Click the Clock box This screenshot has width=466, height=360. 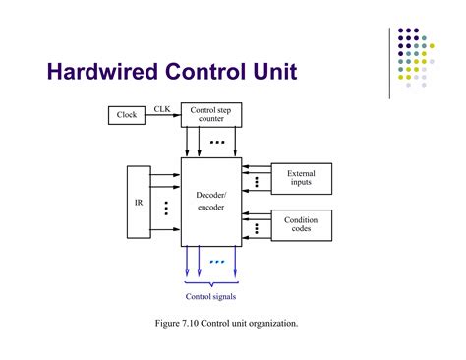point(128,116)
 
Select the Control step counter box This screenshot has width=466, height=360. point(210,116)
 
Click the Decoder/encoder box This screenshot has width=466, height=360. point(210,202)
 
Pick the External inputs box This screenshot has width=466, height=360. point(301,178)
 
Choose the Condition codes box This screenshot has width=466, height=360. point(301,225)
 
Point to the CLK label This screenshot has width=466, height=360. point(162,108)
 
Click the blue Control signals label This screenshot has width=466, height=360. point(210,296)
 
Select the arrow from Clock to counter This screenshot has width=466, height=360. point(164,116)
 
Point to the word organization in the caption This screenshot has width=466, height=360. point(271,323)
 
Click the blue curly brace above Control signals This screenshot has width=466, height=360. point(210,283)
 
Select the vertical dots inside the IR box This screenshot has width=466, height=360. point(166,209)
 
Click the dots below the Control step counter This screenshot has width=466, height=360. point(217,143)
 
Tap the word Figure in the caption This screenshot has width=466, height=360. point(167,323)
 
